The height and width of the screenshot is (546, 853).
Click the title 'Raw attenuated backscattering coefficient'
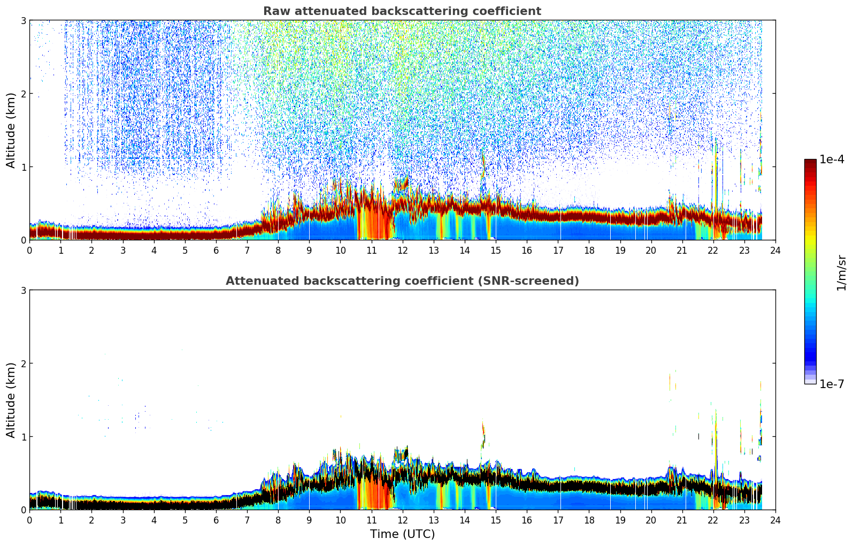[x=402, y=11]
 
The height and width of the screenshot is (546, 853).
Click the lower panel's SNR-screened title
[x=402, y=280]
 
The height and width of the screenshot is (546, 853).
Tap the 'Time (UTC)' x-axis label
[x=402, y=534]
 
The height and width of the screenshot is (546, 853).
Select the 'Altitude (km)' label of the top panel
[x=11, y=130]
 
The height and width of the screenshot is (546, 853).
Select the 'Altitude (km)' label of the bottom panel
[x=11, y=400]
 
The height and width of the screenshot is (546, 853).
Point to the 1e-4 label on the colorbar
[x=832, y=160]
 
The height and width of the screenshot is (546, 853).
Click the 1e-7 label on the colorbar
[x=832, y=384]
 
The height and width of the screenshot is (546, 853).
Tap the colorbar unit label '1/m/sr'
[x=841, y=273]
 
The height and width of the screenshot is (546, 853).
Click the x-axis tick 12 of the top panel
[x=403, y=251]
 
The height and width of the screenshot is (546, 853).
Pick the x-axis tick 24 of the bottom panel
[x=775, y=520]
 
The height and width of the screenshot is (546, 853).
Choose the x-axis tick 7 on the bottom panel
[x=247, y=520]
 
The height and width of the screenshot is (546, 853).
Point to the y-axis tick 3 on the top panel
[x=23, y=20]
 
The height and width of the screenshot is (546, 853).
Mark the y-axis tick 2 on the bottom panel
[x=23, y=363]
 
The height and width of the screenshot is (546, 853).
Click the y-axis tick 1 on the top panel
[x=23, y=167]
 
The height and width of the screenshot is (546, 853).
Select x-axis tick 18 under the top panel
[x=589, y=251]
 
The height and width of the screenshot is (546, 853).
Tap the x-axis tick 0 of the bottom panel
[x=30, y=520]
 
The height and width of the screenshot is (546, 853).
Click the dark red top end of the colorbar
[x=810, y=162]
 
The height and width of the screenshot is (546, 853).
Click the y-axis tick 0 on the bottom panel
[x=23, y=510]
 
